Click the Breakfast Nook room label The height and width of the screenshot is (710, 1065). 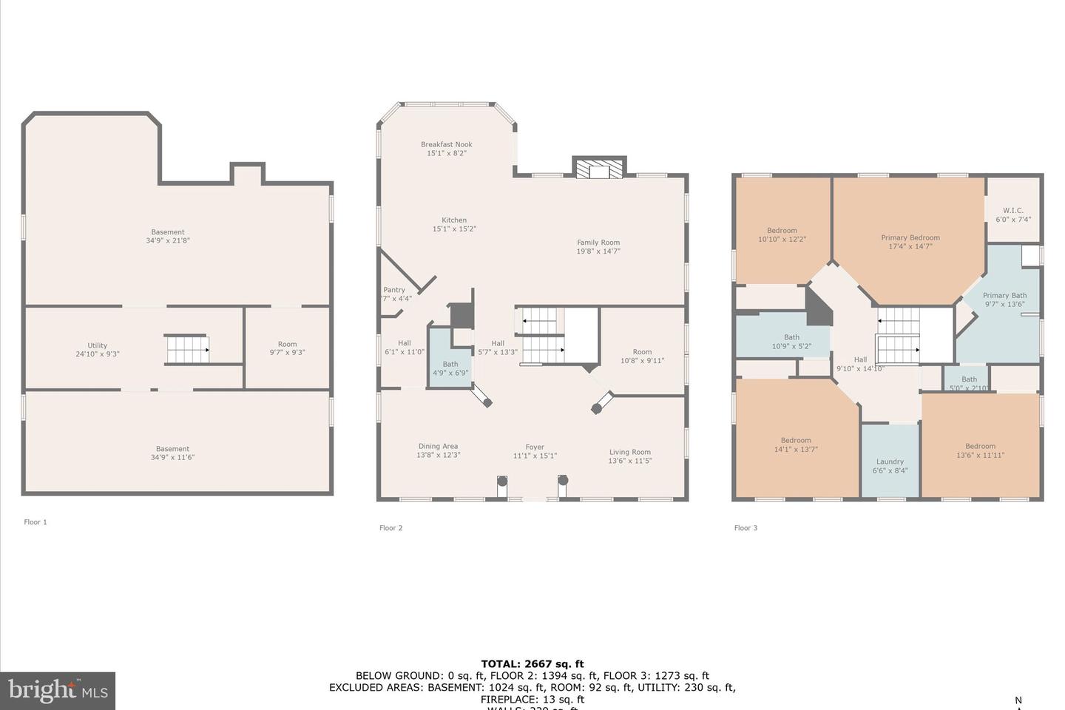pos(447,145)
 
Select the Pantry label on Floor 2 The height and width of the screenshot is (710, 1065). pos(394,290)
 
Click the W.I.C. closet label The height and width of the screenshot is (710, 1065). pos(1012,211)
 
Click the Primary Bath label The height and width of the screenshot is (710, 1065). pos(1005,296)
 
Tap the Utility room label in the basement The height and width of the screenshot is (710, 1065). pos(98,345)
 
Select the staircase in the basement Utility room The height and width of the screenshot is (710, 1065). pos(187,349)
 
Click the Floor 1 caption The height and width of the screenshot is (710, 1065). pos(35,522)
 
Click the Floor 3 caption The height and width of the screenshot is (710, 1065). pos(745,528)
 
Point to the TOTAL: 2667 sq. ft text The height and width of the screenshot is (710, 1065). pos(532,664)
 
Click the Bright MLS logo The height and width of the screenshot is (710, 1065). pos(57,691)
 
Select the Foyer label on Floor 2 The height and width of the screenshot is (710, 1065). pos(535,447)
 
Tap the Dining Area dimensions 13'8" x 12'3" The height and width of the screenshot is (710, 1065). pos(438,456)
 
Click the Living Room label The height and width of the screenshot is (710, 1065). pos(630,452)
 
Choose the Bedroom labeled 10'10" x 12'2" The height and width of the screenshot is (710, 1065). pos(782,235)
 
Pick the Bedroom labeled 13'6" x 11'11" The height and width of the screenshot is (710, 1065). pos(980,450)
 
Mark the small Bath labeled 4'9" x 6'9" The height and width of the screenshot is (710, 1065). pos(450,368)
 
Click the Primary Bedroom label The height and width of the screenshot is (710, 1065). pos(910,237)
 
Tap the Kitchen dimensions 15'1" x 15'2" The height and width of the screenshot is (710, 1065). pos(454,229)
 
